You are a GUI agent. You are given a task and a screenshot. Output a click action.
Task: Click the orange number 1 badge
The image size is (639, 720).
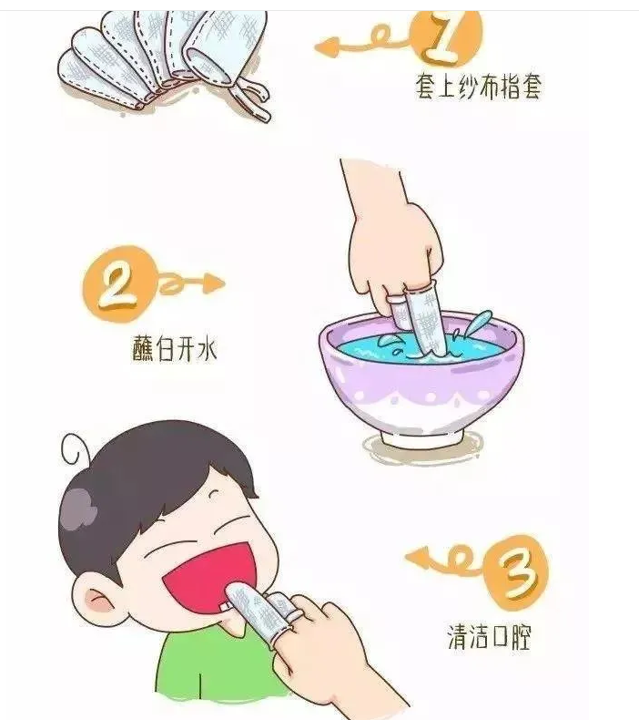(446, 37)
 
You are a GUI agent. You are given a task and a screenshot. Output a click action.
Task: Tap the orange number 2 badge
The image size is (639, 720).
(118, 284)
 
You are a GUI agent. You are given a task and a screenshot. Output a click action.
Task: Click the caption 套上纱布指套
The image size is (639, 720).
(479, 87)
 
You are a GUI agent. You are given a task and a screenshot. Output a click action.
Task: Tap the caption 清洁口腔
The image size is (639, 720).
(489, 636)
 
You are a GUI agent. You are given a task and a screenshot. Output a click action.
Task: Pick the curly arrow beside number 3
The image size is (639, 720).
(444, 560)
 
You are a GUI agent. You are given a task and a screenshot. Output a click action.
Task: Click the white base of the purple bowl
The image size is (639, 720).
(422, 438)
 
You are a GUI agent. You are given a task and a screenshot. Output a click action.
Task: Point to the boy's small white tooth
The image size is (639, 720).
(224, 607)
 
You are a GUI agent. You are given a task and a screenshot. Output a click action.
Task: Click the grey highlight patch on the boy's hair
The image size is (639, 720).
(79, 509)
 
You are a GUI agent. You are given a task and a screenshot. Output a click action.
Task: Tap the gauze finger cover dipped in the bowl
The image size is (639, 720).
(423, 320)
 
